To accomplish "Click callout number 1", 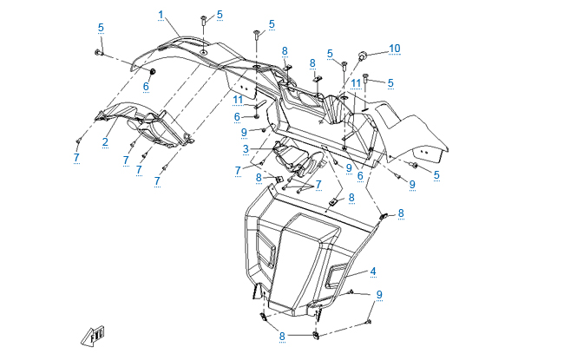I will point(161,14).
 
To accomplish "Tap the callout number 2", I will point(105,142).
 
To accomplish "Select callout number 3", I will point(246,149).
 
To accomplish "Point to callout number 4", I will point(373,271).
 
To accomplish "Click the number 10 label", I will point(395,48).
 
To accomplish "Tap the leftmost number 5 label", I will point(101,28).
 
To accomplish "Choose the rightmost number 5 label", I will point(436,174).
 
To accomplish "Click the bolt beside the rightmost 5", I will point(415,165).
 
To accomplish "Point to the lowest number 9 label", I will point(379,295).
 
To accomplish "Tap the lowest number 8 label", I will point(282,335).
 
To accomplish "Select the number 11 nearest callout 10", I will point(356,82).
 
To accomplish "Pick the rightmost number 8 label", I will point(401,213).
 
